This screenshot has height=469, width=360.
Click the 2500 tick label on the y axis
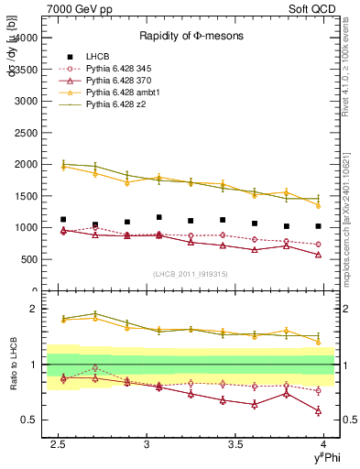tap(25, 133)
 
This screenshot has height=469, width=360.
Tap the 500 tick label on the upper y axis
tap(28, 258)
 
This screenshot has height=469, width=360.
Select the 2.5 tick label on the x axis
tap(59, 444)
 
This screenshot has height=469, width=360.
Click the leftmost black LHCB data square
tap(63, 220)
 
